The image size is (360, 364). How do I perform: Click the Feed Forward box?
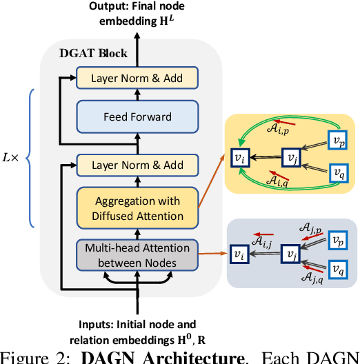137,117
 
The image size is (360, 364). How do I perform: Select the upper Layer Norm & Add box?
137,78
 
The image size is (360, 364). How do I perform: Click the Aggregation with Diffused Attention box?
137,208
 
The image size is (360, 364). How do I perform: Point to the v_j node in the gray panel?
290,254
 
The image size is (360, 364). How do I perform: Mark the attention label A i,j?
263,241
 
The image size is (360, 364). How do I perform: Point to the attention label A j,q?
313,278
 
